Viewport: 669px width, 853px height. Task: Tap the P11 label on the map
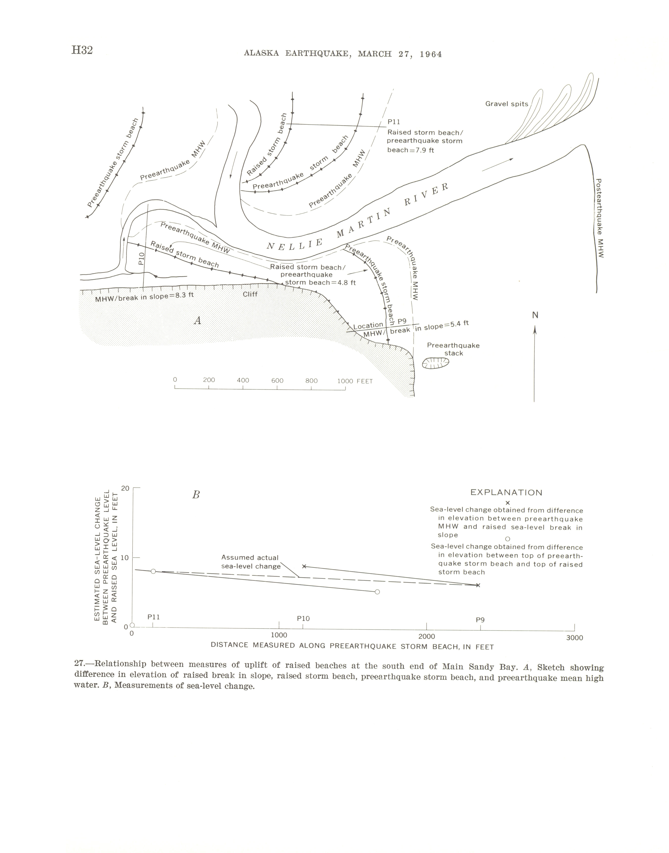[x=394, y=122]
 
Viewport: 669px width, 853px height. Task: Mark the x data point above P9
[x=478, y=585]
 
